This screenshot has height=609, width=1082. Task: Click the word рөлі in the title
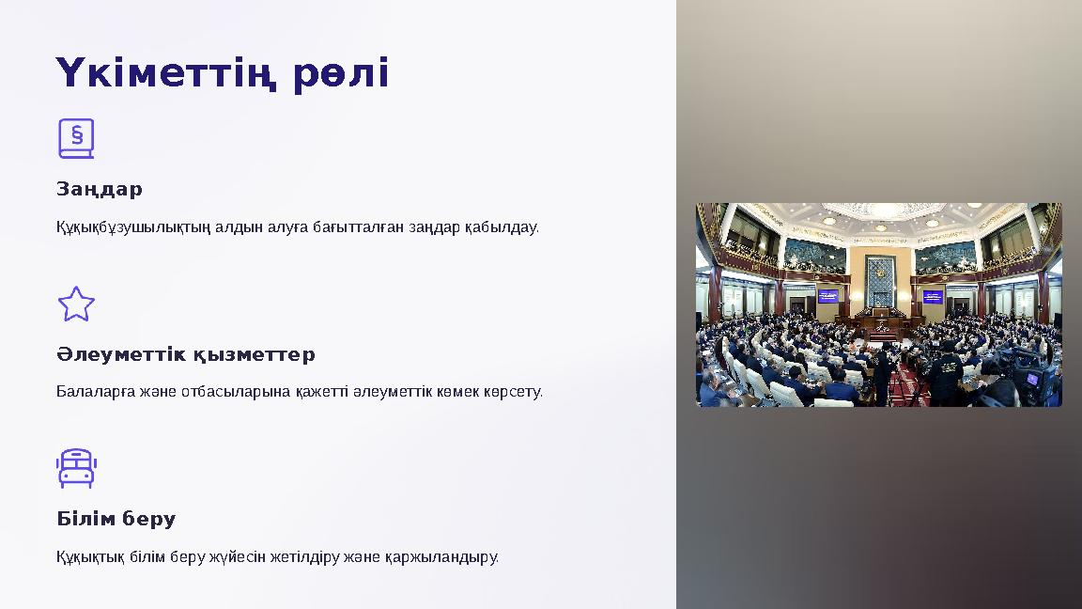click(x=341, y=73)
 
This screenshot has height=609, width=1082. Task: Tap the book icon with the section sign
click(x=76, y=138)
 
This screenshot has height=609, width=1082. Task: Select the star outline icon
click(x=76, y=304)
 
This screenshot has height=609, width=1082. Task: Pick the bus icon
click(x=76, y=468)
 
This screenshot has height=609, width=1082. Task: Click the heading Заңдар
click(x=100, y=189)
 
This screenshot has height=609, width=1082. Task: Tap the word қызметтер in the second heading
click(x=255, y=354)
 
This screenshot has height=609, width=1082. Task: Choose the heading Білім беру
click(x=116, y=519)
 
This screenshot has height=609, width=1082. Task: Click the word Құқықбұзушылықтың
click(x=133, y=227)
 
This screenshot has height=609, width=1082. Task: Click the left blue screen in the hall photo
click(x=827, y=296)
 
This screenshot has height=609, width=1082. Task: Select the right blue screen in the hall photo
click(x=933, y=296)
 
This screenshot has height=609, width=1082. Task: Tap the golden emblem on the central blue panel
click(x=880, y=272)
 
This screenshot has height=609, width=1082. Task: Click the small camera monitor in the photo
click(x=1031, y=380)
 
